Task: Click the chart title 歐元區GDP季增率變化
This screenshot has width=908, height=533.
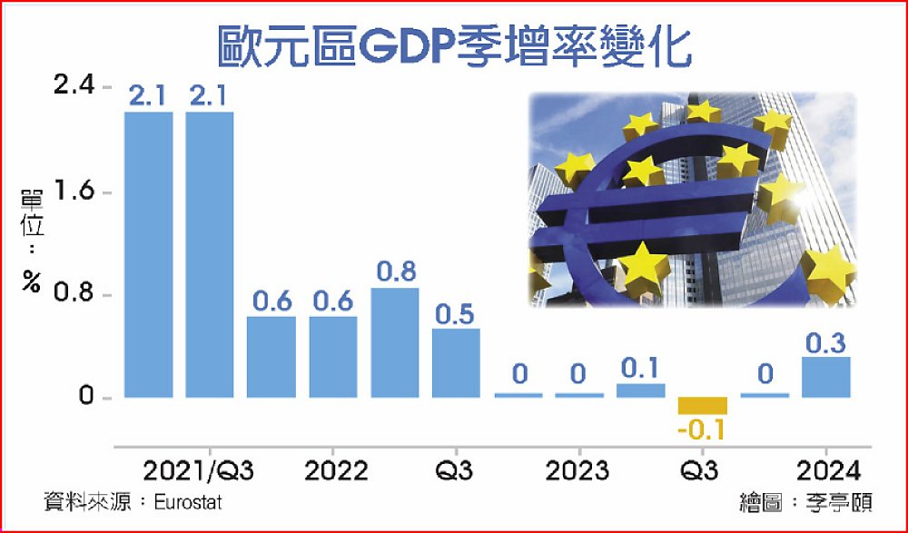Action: [453, 45]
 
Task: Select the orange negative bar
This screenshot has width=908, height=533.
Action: [703, 406]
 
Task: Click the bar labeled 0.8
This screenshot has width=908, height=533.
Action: [395, 343]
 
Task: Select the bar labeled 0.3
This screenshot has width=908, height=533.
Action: [826, 377]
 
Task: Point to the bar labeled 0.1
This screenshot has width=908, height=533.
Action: [640, 390]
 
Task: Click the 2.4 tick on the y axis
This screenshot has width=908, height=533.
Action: [74, 86]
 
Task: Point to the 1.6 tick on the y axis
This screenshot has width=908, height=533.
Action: [74, 192]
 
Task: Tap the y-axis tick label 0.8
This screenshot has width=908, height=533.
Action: [74, 295]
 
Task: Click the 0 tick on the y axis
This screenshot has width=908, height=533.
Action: [84, 397]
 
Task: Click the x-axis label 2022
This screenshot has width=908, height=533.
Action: [336, 470]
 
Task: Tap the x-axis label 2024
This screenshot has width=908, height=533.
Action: [826, 470]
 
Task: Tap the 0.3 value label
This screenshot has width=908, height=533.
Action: [826, 343]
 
